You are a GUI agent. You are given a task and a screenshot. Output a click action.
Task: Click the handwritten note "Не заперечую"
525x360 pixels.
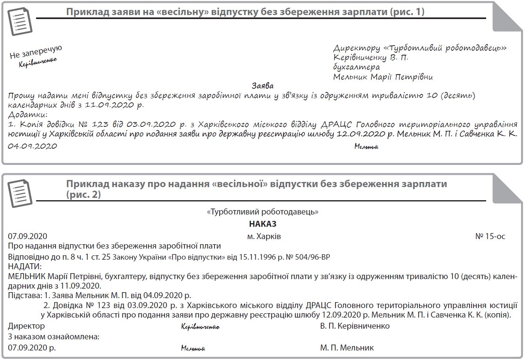pyautogui.click(x=36, y=52)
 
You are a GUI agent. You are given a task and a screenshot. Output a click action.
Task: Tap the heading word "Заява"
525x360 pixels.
pyautogui.click(x=262, y=86)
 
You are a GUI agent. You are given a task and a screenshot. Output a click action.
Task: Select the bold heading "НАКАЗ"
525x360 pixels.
pyautogui.click(x=262, y=224)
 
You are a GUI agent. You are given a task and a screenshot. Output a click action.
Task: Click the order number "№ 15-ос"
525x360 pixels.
pyautogui.click(x=490, y=236)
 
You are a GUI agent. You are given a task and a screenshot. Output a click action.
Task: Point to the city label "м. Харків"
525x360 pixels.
pyautogui.click(x=264, y=236)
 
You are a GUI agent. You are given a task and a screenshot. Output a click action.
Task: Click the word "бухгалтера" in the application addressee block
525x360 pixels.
pyautogui.click(x=356, y=67)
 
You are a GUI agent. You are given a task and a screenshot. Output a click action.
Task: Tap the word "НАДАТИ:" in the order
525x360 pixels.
pyautogui.click(x=24, y=266)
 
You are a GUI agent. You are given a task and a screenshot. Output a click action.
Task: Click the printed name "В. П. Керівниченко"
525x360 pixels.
pyautogui.click(x=355, y=326)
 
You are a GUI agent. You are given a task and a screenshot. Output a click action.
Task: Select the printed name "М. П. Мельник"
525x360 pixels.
pyautogui.click(x=347, y=348)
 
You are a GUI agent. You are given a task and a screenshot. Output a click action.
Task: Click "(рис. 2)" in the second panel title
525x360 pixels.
pyautogui.click(x=83, y=195)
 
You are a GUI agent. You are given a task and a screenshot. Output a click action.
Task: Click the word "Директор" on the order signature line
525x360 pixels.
pyautogui.click(x=26, y=326)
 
